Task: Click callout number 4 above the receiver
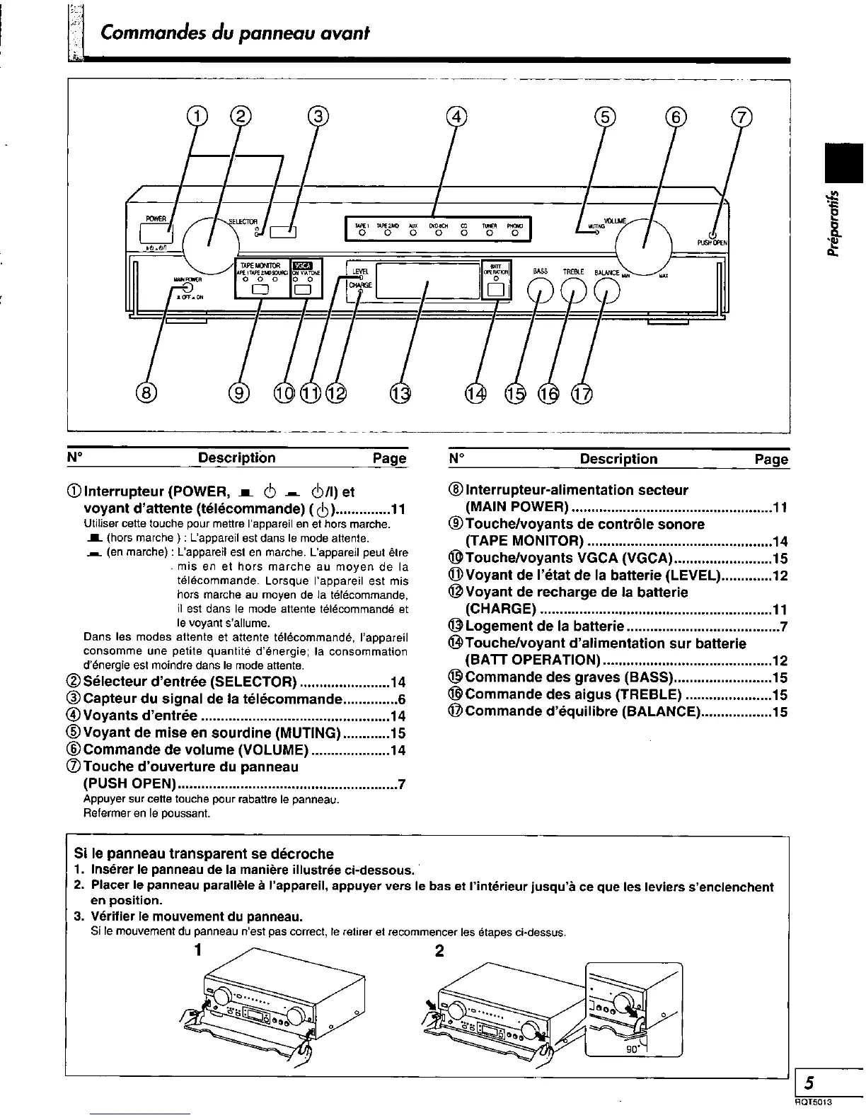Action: pyautogui.click(x=458, y=118)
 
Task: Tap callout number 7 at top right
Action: pyautogui.click(x=741, y=118)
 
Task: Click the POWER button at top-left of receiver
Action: pyautogui.click(x=155, y=231)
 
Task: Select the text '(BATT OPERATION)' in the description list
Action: pyautogui.click(x=532, y=660)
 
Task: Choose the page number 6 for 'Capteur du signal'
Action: pyautogui.click(x=401, y=699)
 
